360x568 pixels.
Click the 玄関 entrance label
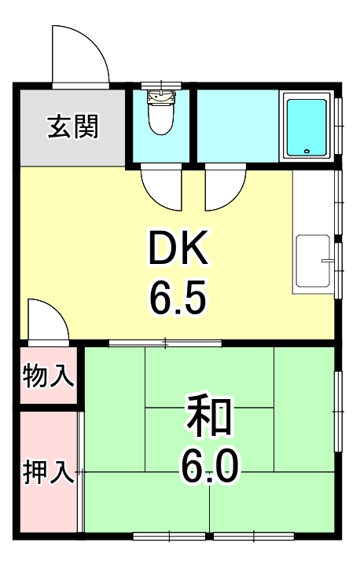tap(73, 127)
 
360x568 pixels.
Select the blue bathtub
tap(307, 127)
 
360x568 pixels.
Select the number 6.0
tap(209, 468)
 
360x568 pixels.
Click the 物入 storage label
tap(49, 376)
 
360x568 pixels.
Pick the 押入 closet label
tap(49, 472)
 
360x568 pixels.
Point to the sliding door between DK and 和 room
tap(165, 343)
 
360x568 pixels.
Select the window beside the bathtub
tap(339, 126)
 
